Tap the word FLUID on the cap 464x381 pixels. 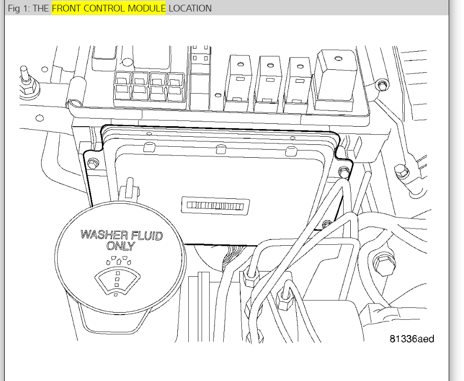tap(146, 236)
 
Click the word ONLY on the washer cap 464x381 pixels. tap(121, 247)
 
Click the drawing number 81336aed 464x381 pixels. tap(411, 338)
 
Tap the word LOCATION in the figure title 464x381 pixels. tap(190, 9)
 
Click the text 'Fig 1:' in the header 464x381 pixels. tap(19, 9)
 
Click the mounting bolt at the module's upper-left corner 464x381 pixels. tap(93, 163)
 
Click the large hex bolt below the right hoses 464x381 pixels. tap(382, 264)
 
